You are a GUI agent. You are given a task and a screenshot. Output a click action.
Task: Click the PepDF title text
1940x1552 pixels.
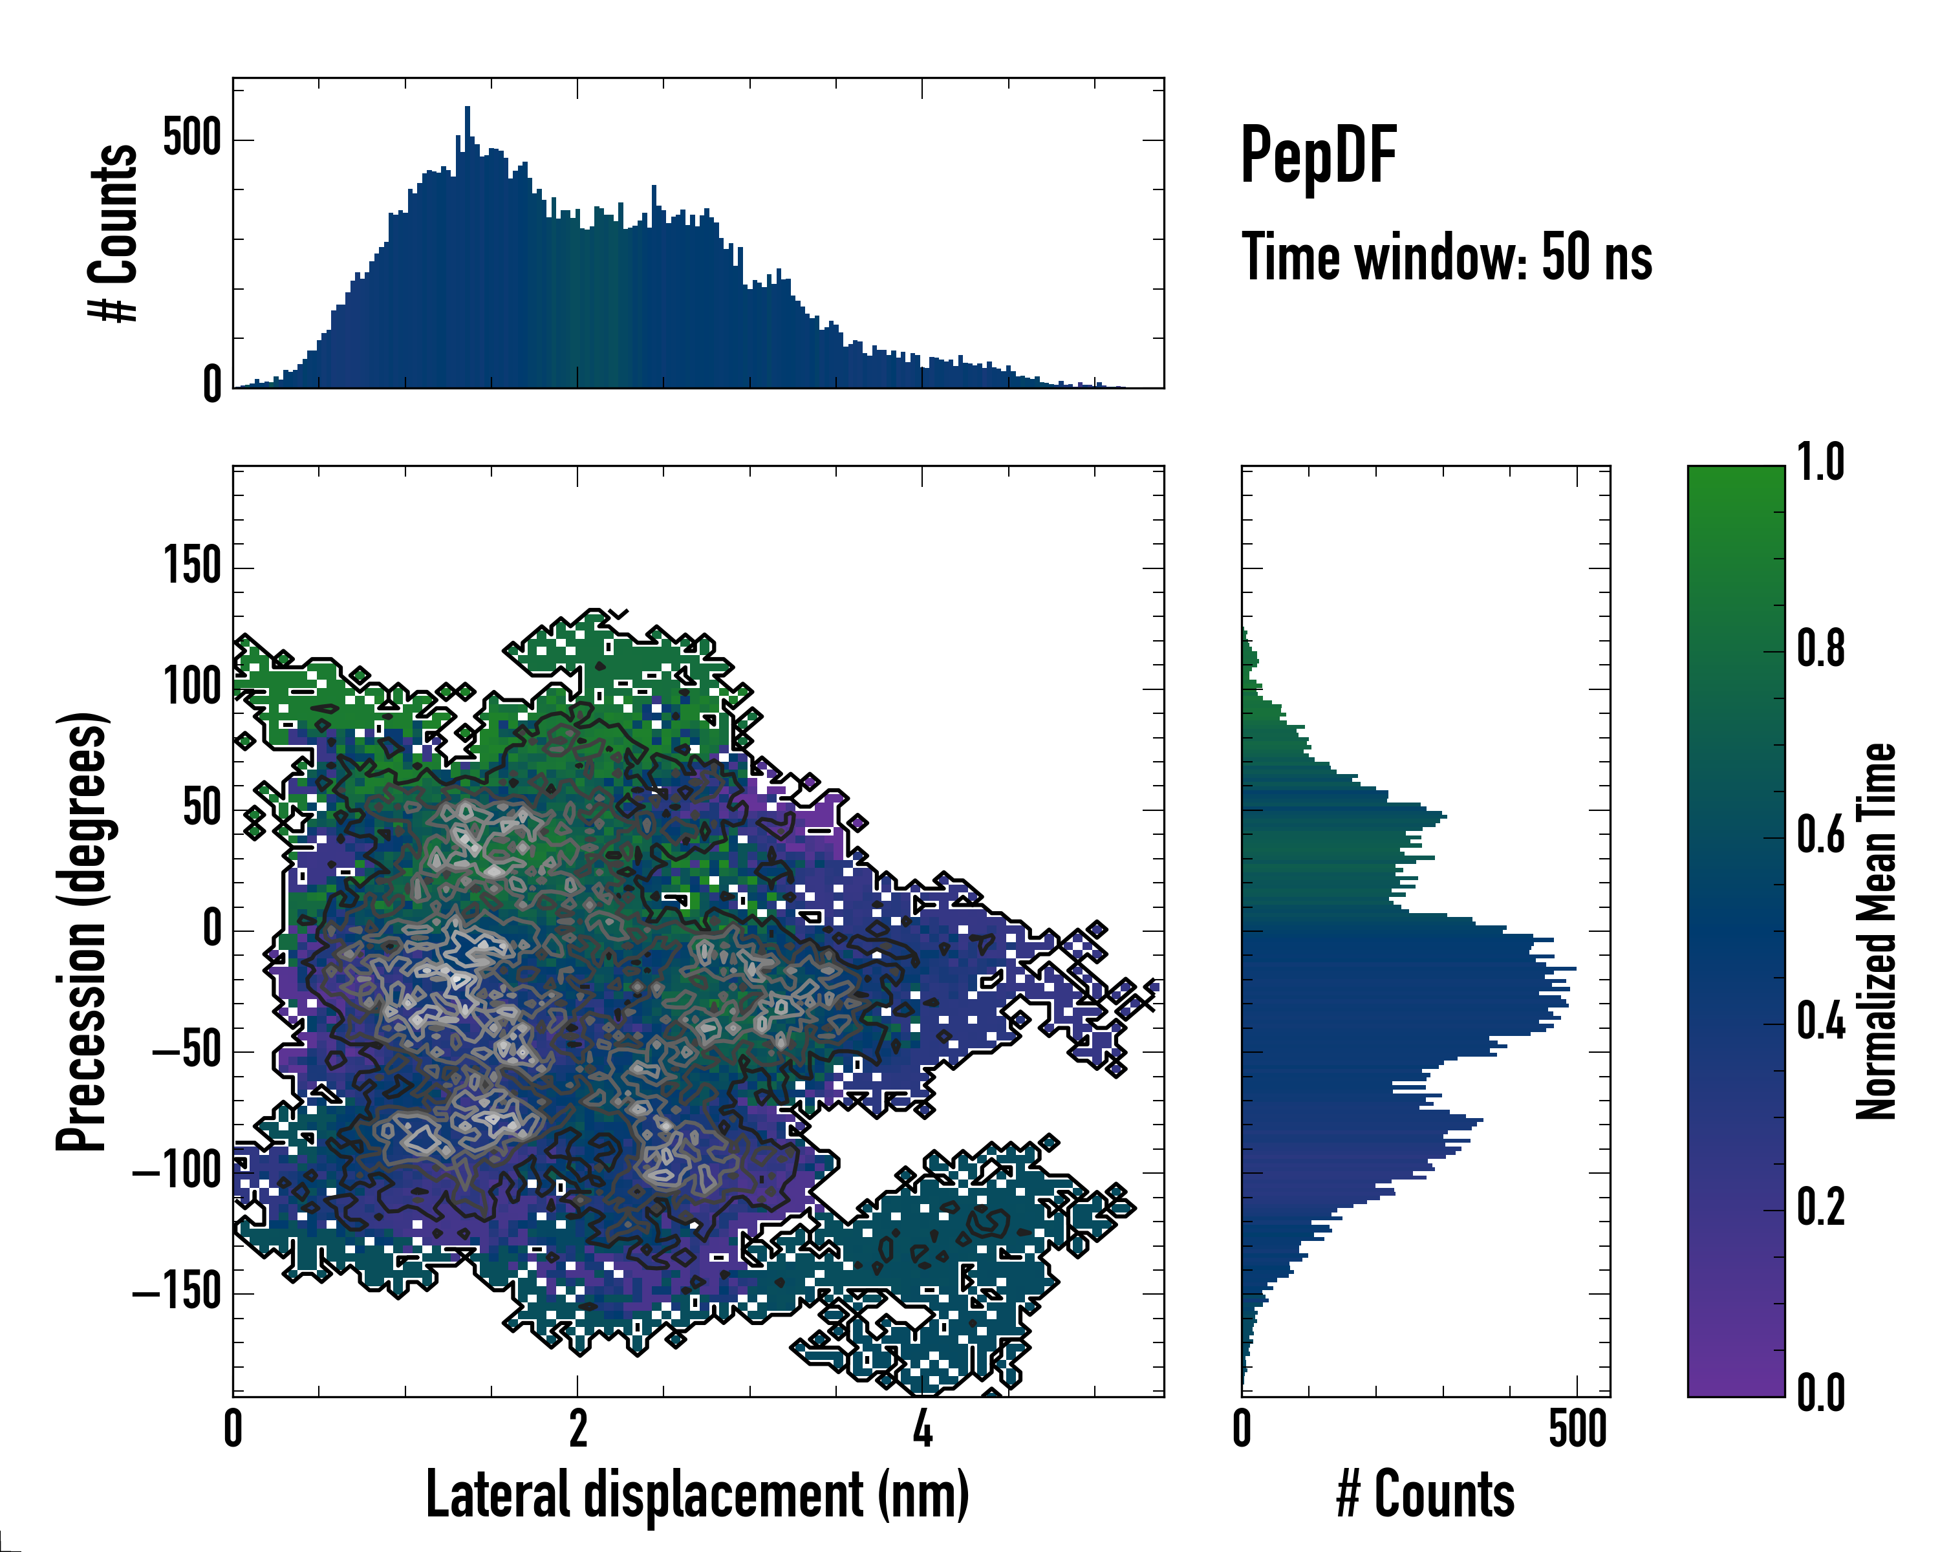[x=1318, y=156]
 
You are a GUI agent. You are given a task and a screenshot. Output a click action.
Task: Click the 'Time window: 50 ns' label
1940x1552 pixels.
[x=1446, y=257]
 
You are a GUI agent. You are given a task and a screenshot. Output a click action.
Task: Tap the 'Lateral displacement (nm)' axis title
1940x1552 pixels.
[x=697, y=1494]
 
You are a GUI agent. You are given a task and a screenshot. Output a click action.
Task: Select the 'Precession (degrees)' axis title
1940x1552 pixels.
[x=83, y=931]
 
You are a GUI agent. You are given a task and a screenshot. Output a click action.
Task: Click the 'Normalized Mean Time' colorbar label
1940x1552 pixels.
[x=1876, y=931]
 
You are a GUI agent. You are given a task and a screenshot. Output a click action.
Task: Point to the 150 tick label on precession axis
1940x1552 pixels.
[x=191, y=567]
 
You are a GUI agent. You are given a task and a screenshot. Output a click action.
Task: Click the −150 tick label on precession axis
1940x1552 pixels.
[x=177, y=1293]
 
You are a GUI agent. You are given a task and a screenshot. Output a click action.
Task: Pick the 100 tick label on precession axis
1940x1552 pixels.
[x=191, y=687]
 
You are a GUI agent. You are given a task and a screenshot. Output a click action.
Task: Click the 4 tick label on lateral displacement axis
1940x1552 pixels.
[x=922, y=1428]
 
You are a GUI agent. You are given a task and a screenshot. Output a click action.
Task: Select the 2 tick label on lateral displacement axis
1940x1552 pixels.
[x=577, y=1428]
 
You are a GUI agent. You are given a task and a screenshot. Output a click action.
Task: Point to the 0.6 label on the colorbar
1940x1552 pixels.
[x=1820, y=835]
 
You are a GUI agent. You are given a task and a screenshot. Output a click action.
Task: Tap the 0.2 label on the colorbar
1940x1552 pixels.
[x=1820, y=1207]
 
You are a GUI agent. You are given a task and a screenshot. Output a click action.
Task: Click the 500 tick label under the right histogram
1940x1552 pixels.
[x=1577, y=1428]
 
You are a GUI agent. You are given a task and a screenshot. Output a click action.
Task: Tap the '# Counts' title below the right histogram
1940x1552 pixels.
[x=1425, y=1494]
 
